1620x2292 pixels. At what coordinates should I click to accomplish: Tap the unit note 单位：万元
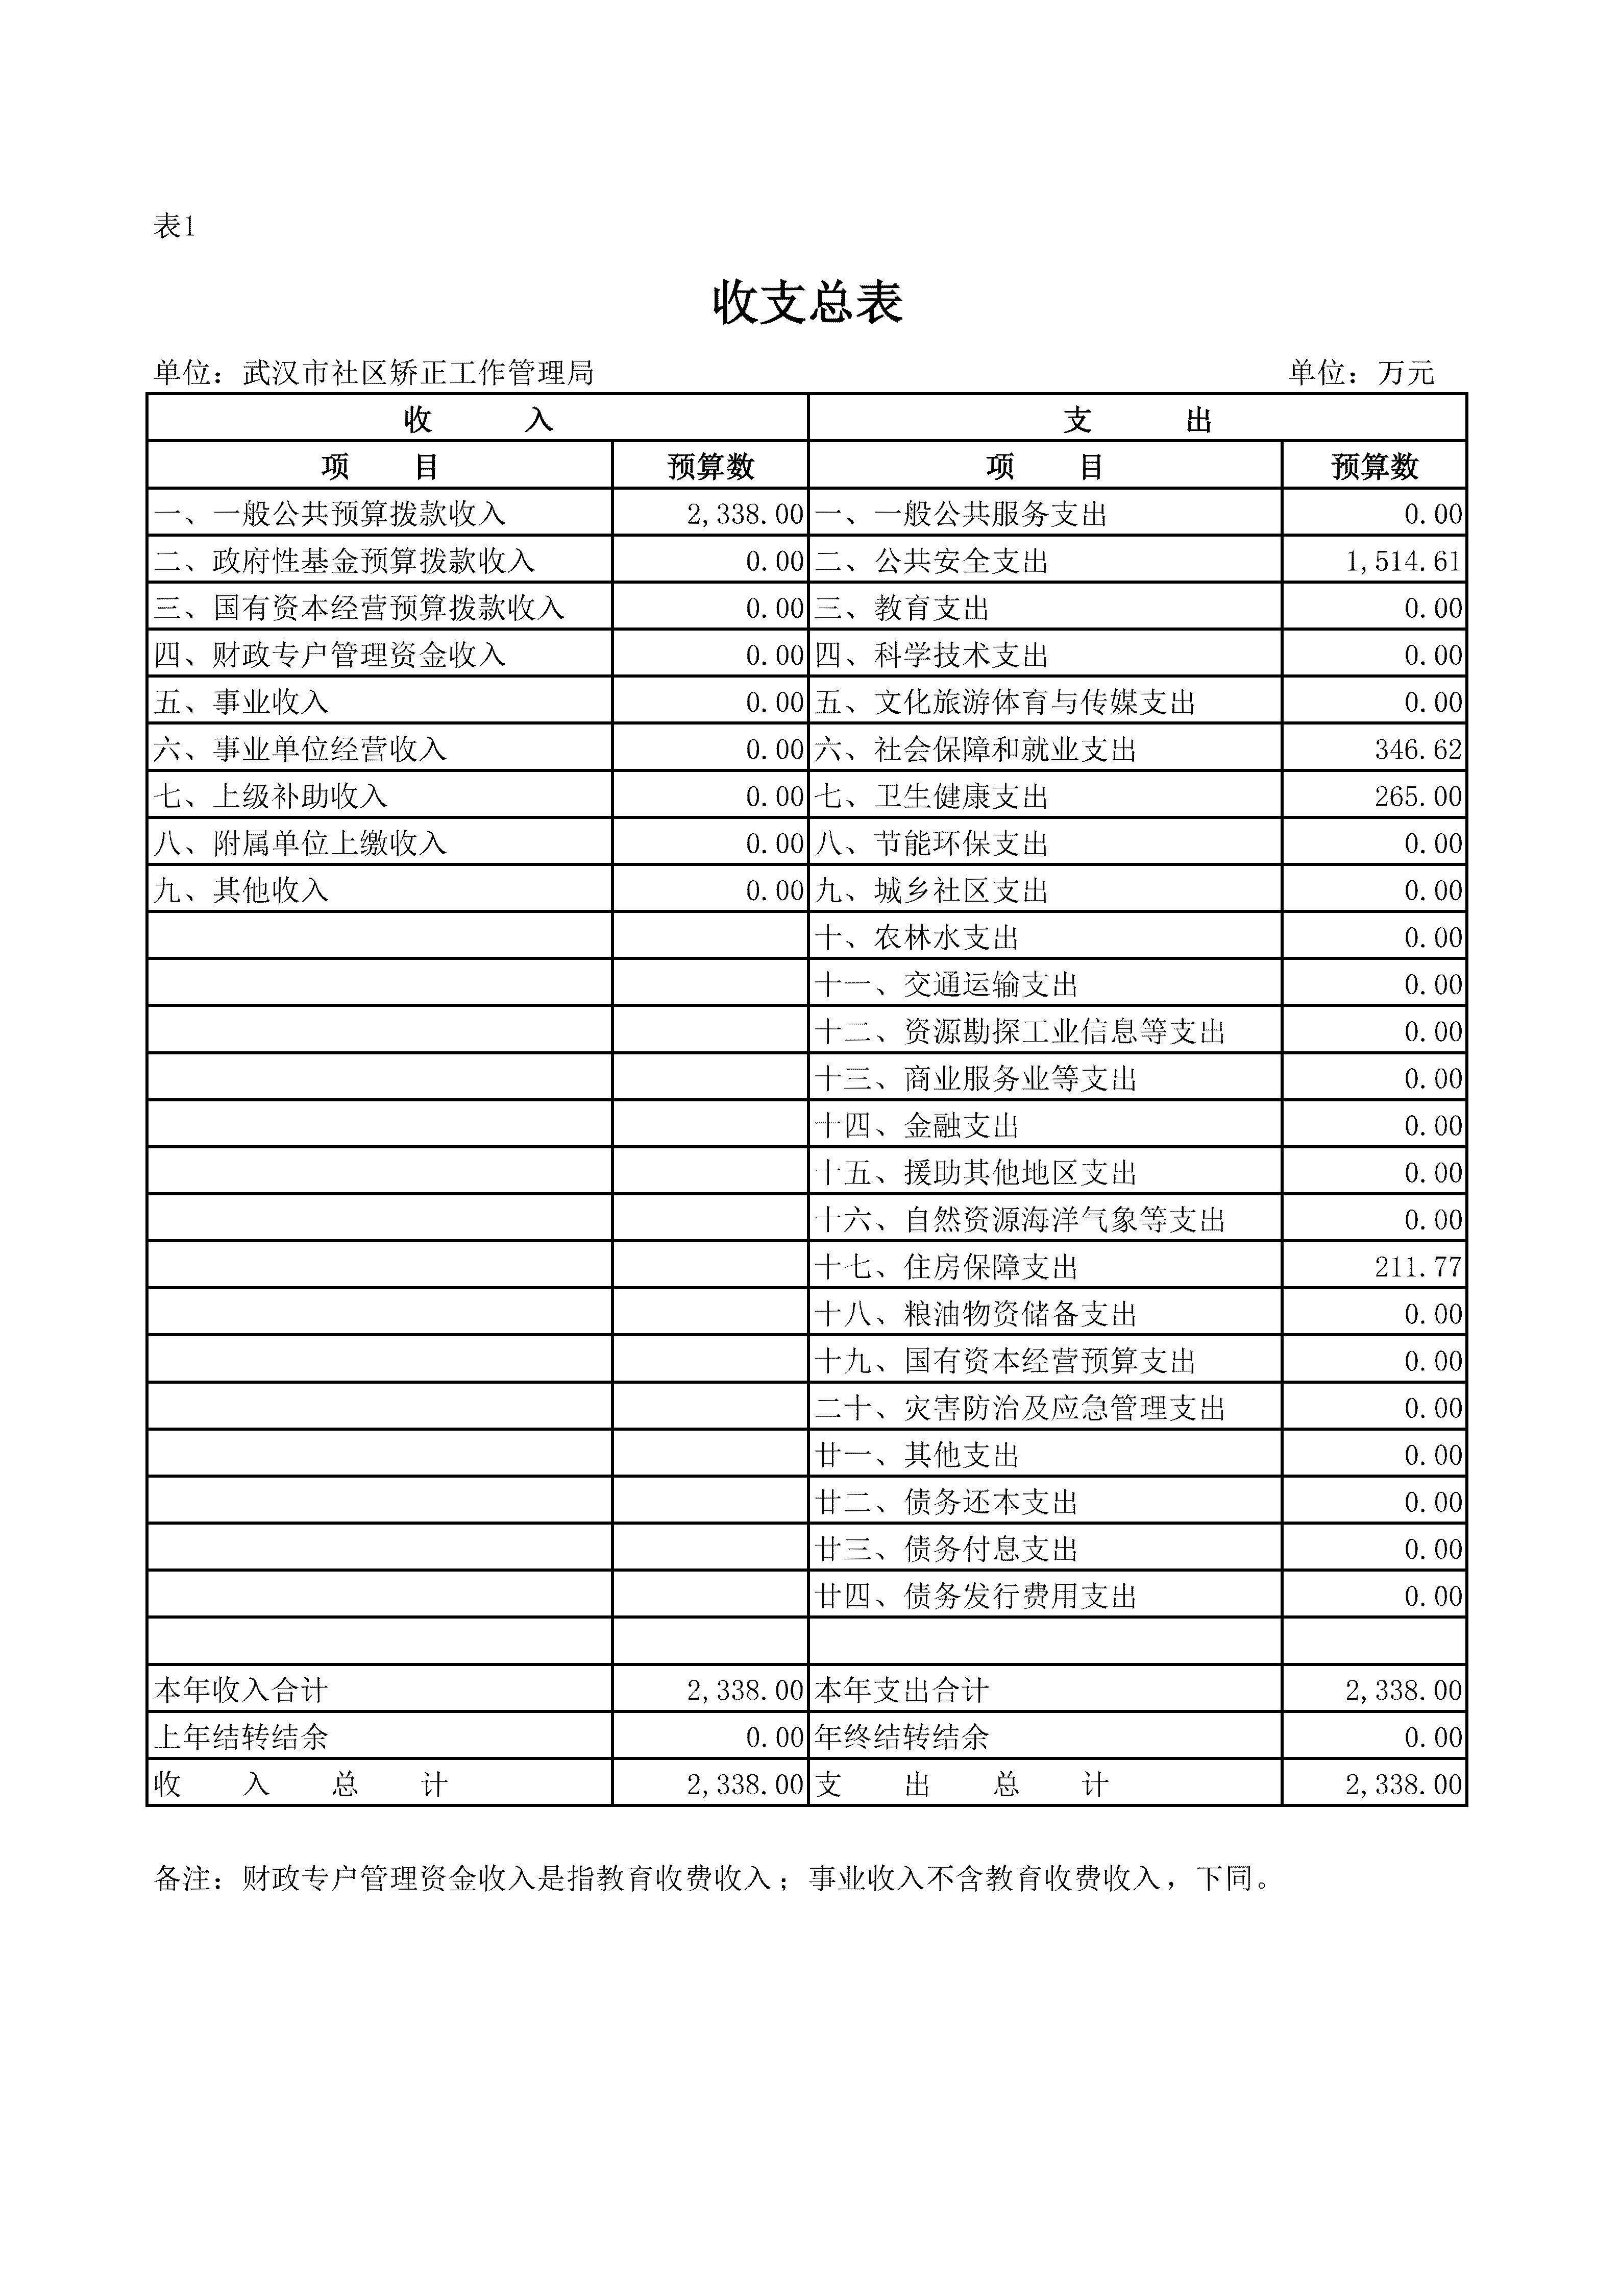[1361, 373]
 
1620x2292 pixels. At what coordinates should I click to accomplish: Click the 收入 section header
[477, 419]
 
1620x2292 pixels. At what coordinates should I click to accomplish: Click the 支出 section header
[1137, 419]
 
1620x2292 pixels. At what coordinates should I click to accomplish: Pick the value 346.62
[1417, 749]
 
